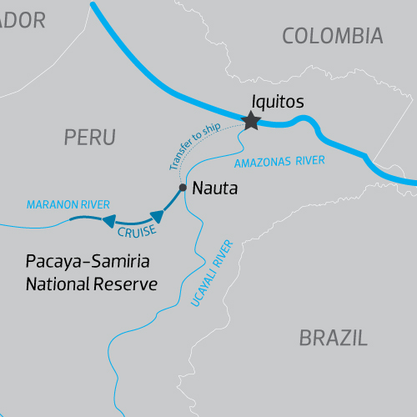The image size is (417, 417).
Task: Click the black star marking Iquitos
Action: point(250,122)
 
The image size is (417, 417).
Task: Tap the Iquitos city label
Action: point(276,102)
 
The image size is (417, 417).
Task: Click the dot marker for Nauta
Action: point(183,188)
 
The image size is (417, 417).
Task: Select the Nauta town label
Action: point(214,189)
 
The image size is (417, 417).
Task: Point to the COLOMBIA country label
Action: point(332,36)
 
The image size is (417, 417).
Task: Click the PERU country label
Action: point(89,138)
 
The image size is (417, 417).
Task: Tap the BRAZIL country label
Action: point(333,338)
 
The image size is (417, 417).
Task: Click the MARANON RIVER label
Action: point(68,204)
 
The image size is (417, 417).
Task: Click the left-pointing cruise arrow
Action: point(108,221)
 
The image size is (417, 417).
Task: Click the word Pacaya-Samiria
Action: point(87,263)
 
